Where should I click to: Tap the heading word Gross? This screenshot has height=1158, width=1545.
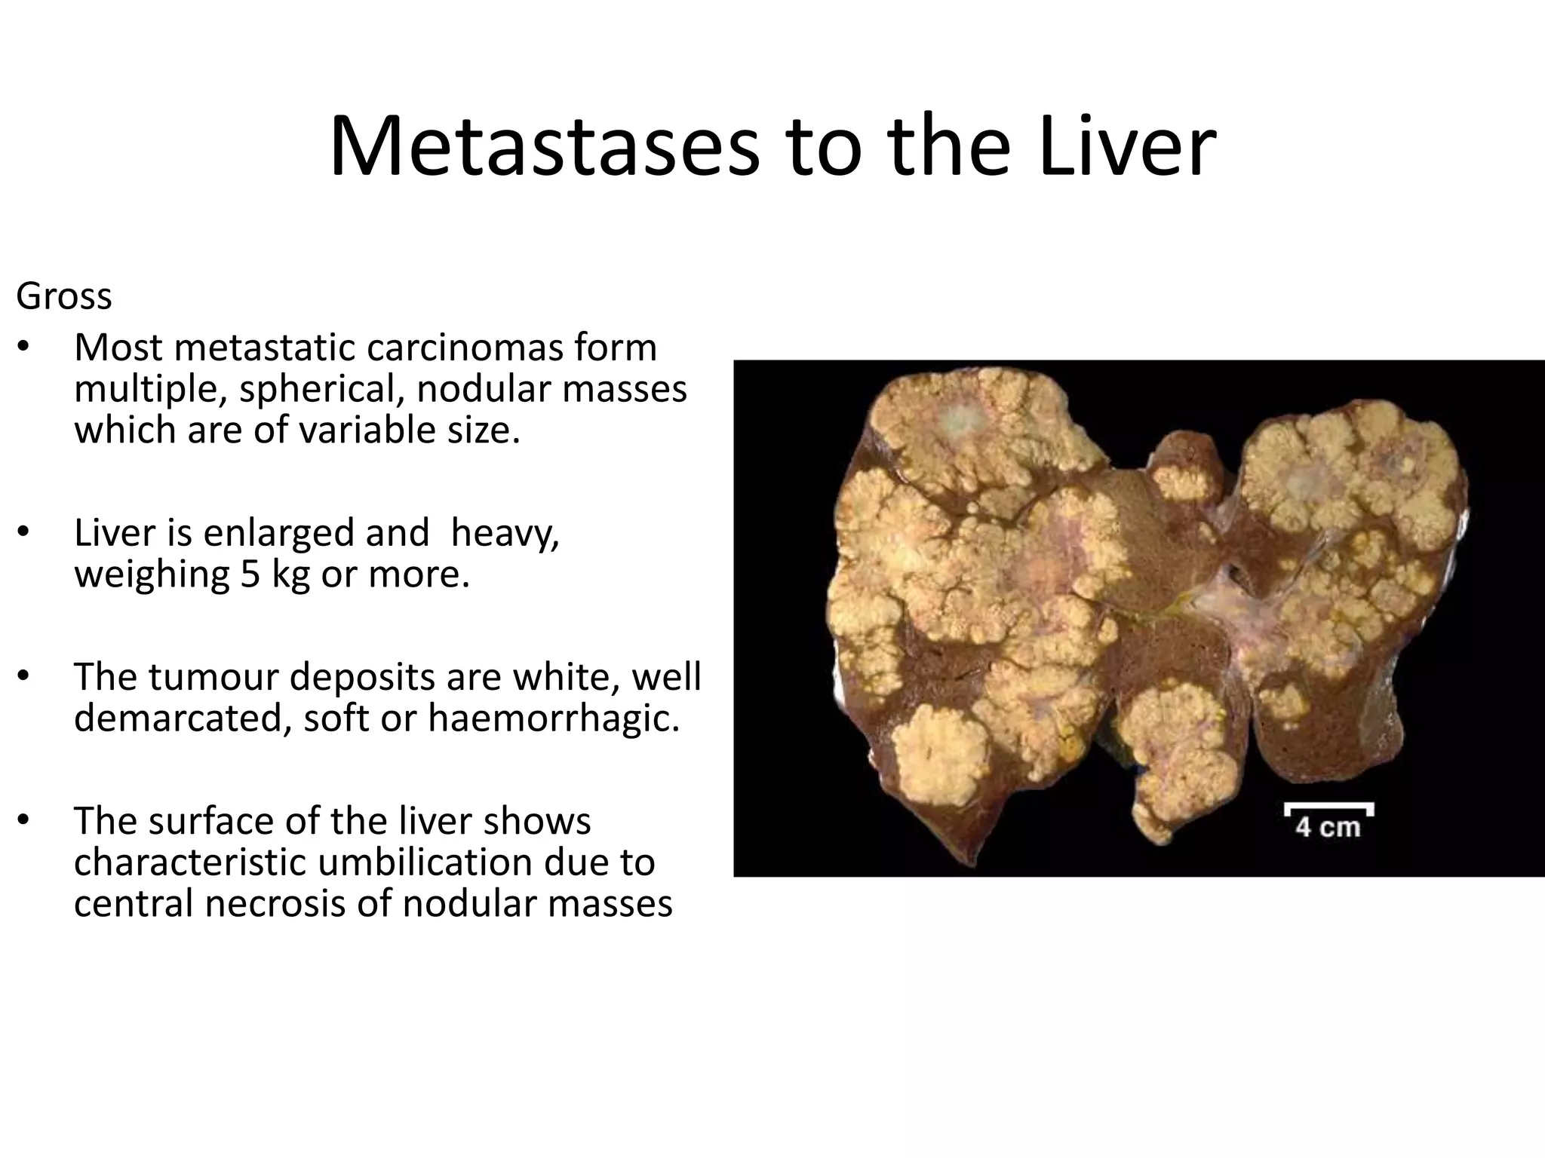pos(64,296)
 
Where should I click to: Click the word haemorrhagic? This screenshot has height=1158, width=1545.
pos(554,718)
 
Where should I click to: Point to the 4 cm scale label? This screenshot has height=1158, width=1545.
pos(1328,827)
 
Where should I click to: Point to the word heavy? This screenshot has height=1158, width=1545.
pos(505,533)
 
